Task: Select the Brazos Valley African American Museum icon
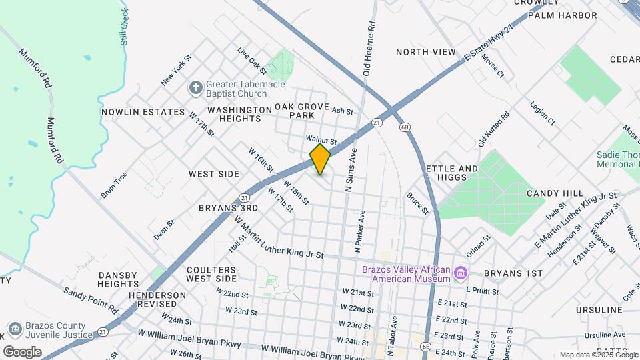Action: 460,273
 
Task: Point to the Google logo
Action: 22,351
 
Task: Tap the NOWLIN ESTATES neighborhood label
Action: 143,112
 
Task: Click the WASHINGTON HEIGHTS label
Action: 234,113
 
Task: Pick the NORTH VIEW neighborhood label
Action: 425,52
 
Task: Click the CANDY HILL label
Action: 555,193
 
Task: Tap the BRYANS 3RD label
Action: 228,208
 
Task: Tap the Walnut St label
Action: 321,139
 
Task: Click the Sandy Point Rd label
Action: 90,301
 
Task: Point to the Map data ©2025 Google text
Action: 597,355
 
